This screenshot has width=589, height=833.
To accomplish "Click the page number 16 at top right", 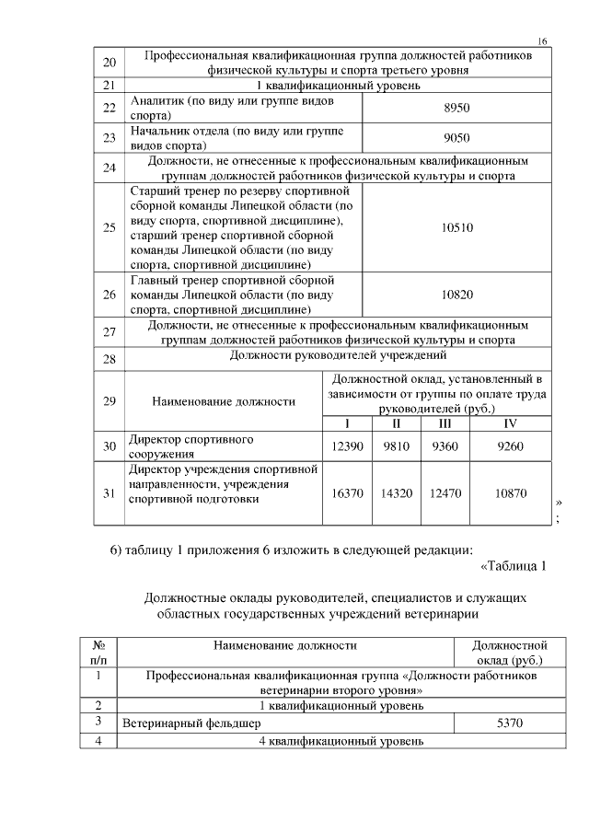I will coord(542,41).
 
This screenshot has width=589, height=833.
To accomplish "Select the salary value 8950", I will coord(456,109).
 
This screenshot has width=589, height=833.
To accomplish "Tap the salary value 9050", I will coord(456,138).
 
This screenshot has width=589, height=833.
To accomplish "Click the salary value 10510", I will coord(456,227).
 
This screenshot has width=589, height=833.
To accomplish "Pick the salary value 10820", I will coord(456,295).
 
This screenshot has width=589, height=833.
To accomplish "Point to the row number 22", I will coord(110,109).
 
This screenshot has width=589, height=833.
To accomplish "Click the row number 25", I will coord(110,227).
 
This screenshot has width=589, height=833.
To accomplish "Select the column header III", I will coord(445,423).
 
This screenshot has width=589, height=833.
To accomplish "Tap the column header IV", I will coord(511,423).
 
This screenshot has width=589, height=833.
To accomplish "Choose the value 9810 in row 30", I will coord(397,446).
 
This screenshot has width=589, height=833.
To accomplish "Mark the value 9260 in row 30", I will coord(511,446).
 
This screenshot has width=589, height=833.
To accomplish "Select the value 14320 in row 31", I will coord(397,493).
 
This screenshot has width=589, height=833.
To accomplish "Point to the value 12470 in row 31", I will coord(445,493).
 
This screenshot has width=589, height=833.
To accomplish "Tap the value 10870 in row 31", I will coord(511,493).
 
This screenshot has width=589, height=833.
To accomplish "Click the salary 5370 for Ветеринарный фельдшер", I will coord(509,723).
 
